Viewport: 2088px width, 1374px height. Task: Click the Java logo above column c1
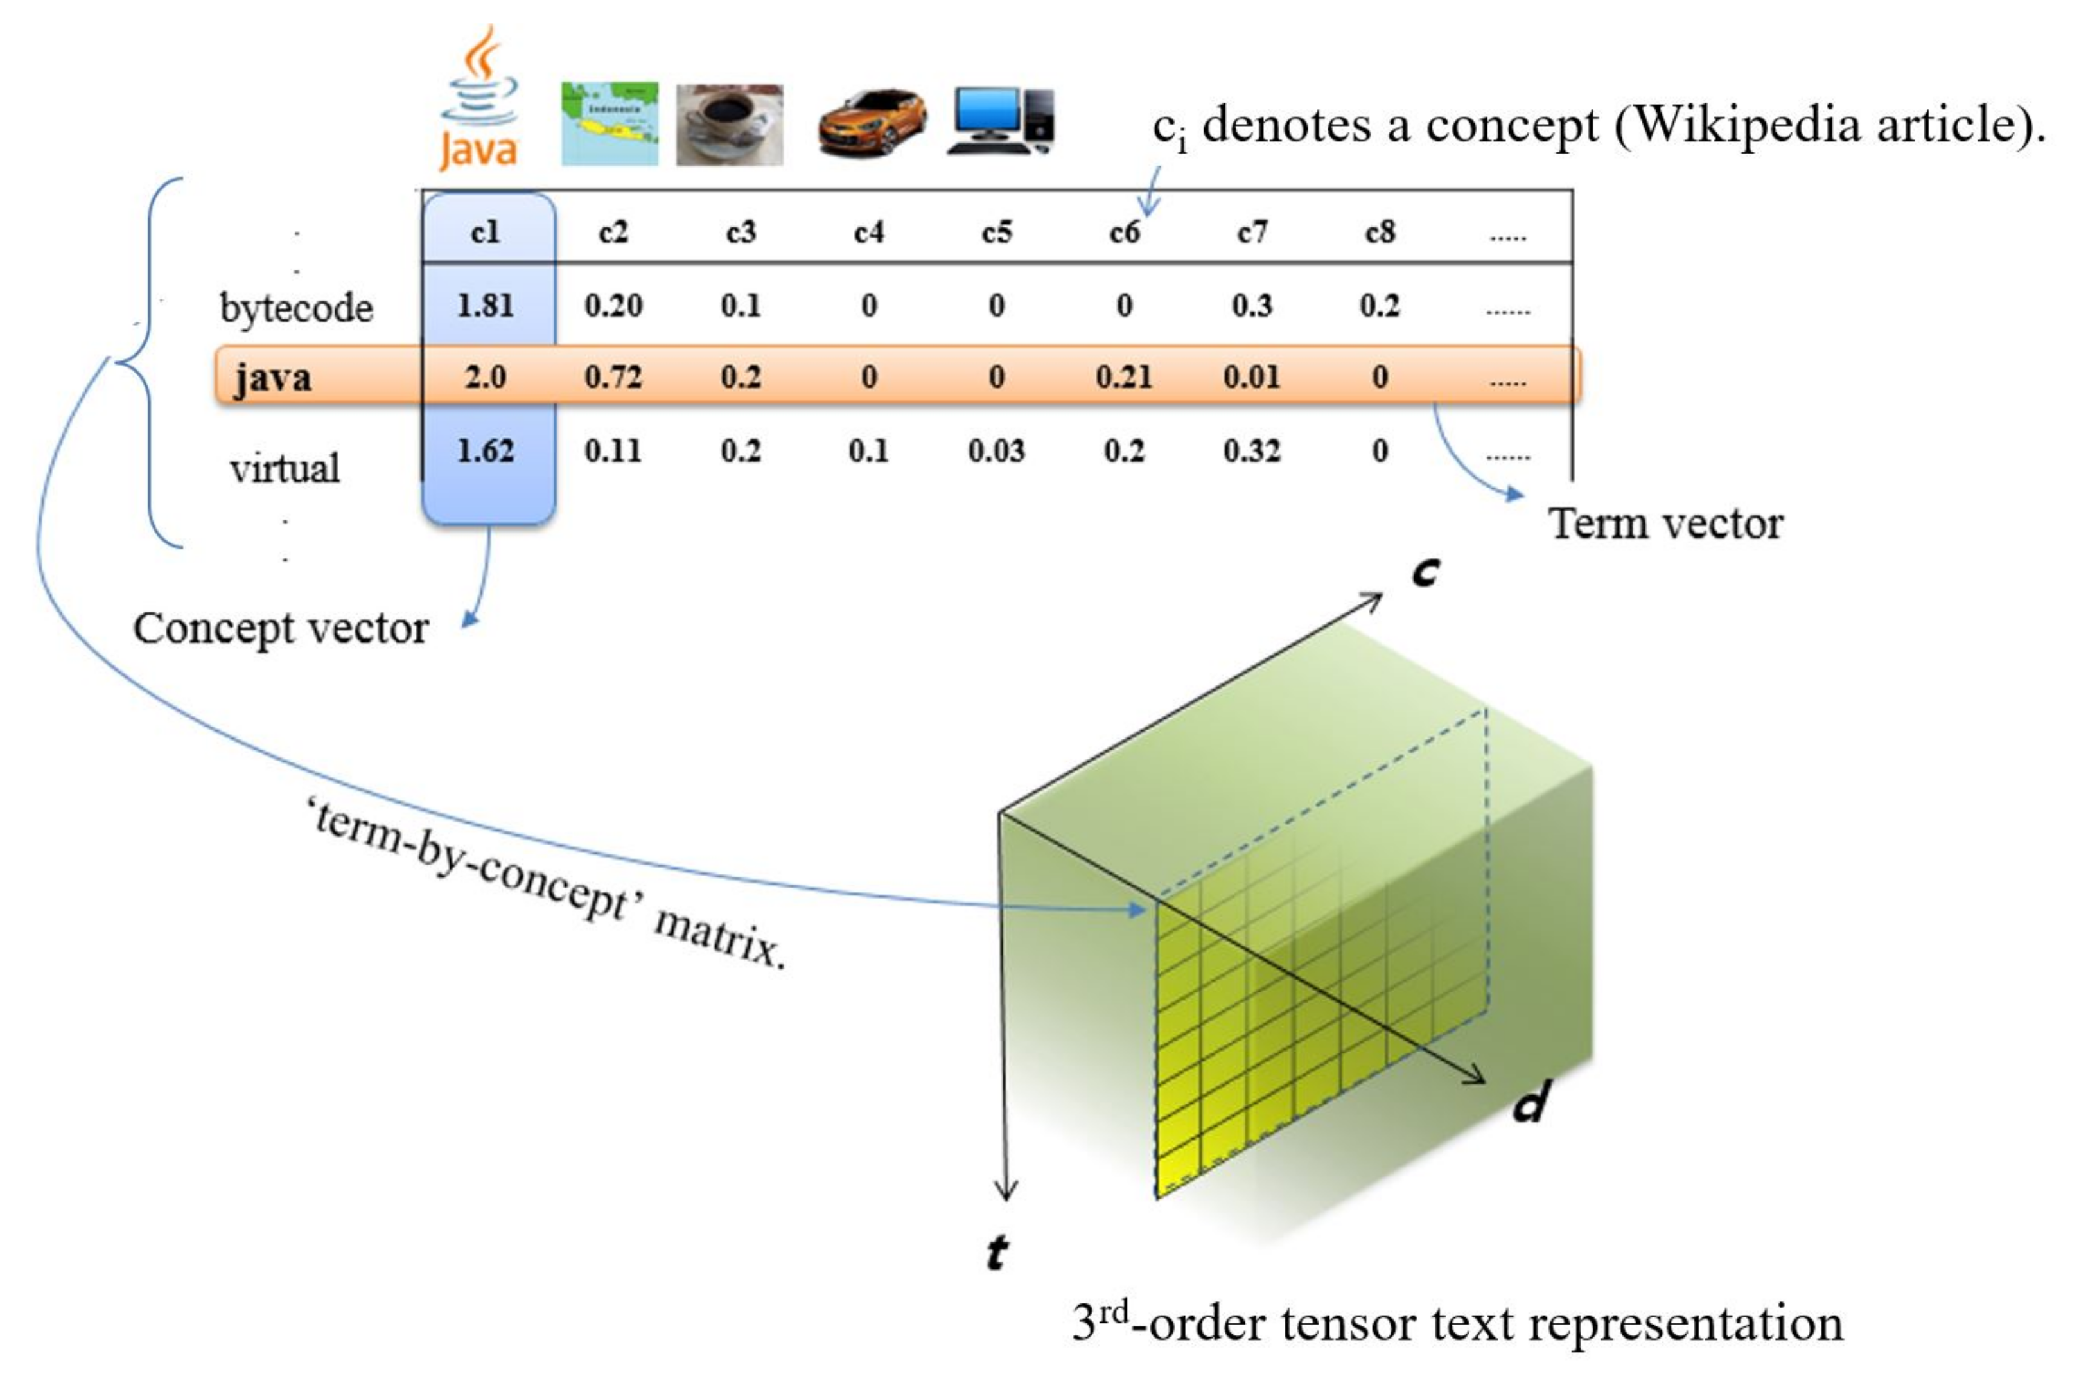[479, 101]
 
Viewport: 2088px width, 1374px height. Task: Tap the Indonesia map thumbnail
[610, 124]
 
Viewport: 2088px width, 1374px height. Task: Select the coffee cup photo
[729, 125]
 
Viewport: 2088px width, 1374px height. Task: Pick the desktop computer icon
[1002, 121]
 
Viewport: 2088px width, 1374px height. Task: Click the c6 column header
[1124, 233]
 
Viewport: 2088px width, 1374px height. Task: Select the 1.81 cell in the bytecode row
[485, 305]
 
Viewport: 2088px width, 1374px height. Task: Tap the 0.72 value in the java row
[613, 377]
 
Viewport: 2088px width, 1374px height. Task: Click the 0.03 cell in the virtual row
[996, 451]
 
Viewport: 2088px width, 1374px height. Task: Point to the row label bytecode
[297, 308]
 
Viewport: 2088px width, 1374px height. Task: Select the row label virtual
[285, 468]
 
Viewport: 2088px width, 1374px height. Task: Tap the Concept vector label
[281, 629]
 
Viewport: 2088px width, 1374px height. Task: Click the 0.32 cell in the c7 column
[1252, 451]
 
